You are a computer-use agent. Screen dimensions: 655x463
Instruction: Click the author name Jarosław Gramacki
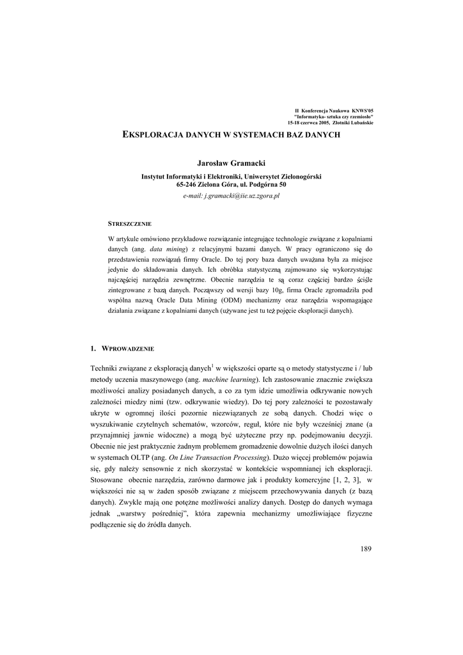point(231,164)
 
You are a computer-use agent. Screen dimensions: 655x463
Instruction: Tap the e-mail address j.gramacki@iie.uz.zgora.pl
point(231,194)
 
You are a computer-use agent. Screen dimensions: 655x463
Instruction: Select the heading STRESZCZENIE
point(130,224)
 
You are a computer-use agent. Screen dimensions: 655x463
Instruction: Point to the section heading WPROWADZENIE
point(127,348)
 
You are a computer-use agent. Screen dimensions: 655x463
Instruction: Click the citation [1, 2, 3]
point(348,479)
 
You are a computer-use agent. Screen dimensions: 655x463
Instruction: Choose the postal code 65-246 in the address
point(187,184)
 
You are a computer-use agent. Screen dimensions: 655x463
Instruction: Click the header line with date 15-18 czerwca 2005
point(331,123)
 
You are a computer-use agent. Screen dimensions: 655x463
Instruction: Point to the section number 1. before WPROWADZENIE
point(93,348)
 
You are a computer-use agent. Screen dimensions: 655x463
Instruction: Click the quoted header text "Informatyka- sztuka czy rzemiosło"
point(334,117)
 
